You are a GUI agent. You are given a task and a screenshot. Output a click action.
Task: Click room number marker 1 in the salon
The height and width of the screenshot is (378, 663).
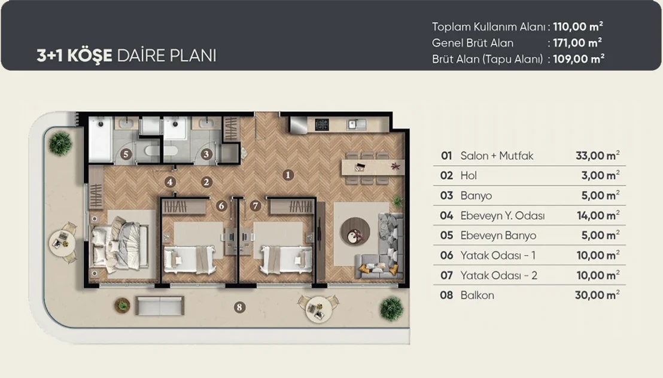288,175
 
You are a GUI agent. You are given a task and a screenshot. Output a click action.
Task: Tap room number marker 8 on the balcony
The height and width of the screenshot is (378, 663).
239,307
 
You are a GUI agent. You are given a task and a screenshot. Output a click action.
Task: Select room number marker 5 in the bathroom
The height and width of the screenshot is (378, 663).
126,154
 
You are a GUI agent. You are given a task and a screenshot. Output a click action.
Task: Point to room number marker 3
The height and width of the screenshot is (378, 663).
206,154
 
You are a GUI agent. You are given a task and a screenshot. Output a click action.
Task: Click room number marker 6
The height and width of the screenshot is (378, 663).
221,206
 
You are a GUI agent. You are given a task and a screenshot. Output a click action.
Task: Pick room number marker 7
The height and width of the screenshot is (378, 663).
255,206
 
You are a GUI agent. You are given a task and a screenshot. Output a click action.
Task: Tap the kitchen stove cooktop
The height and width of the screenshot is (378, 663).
322,124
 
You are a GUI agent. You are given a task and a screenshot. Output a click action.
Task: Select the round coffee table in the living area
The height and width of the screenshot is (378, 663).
355,231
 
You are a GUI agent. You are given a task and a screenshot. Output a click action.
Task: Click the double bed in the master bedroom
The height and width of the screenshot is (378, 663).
119,245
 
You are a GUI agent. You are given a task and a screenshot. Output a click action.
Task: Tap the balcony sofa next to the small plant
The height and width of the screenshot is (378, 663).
160,306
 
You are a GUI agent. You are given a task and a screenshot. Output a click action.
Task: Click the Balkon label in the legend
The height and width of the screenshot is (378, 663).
477,295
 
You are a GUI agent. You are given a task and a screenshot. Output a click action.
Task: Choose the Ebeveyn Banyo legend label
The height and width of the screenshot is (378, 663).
498,236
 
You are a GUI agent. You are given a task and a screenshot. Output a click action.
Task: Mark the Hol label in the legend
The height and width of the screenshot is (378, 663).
469,175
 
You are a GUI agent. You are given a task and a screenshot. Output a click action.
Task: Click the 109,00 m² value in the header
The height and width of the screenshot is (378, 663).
579,59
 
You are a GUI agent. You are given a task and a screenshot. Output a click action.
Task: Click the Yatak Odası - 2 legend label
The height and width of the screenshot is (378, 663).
498,275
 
